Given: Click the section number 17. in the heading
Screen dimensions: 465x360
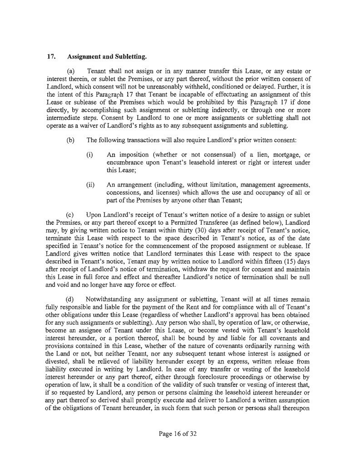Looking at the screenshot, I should pos(51,57).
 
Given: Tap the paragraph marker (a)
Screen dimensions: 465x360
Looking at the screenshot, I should pos(71,71).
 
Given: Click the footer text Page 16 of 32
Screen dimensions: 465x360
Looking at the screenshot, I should pos(180,433).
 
